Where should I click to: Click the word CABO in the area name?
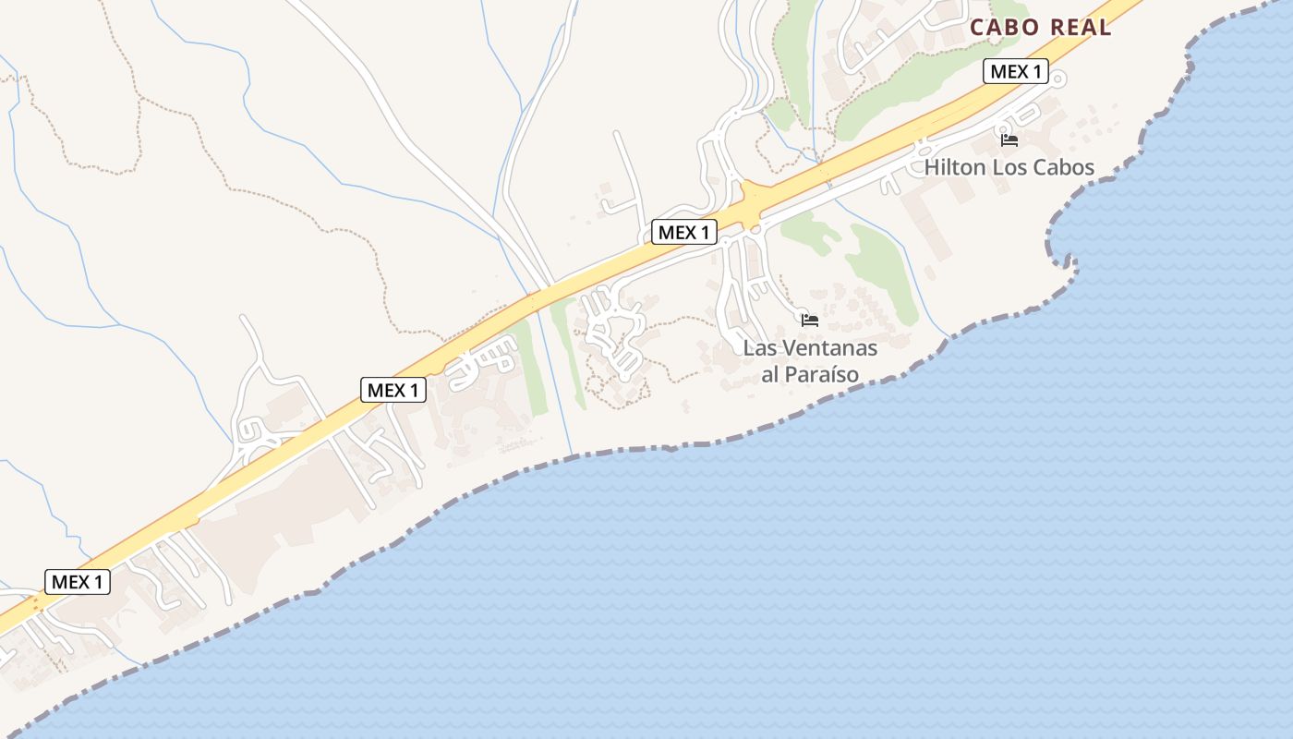(x=1001, y=28)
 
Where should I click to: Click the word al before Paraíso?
(x=770, y=375)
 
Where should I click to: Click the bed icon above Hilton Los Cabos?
(x=1009, y=140)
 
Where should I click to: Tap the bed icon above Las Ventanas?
(x=810, y=321)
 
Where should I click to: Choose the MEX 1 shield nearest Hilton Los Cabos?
(x=1015, y=72)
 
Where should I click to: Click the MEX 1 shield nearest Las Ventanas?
(x=683, y=233)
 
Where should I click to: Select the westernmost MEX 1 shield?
(x=78, y=582)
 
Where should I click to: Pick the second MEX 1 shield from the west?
(x=393, y=391)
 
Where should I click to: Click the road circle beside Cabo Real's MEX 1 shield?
(x=1058, y=79)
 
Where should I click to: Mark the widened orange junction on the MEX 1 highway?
(x=755, y=199)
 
